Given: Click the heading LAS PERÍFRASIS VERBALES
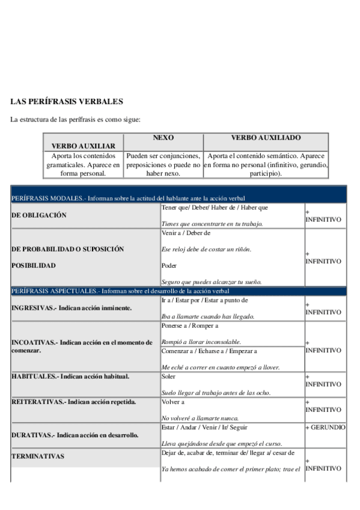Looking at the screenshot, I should (67, 102).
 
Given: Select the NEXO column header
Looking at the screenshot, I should (163, 138).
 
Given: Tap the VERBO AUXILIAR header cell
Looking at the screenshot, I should (83, 146).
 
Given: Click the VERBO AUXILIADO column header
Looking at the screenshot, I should (266, 138).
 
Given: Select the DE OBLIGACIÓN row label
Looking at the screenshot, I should (39, 215).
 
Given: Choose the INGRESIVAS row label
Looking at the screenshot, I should (72, 308).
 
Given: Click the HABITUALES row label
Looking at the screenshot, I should (70, 376).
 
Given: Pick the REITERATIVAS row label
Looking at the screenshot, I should (74, 401).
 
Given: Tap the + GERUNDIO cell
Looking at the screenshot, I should (325, 427).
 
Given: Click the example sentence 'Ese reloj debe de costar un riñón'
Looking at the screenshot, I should (207, 249).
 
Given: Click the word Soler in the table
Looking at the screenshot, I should (169, 376).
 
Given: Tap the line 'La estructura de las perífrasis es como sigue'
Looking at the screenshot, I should (75, 120).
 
